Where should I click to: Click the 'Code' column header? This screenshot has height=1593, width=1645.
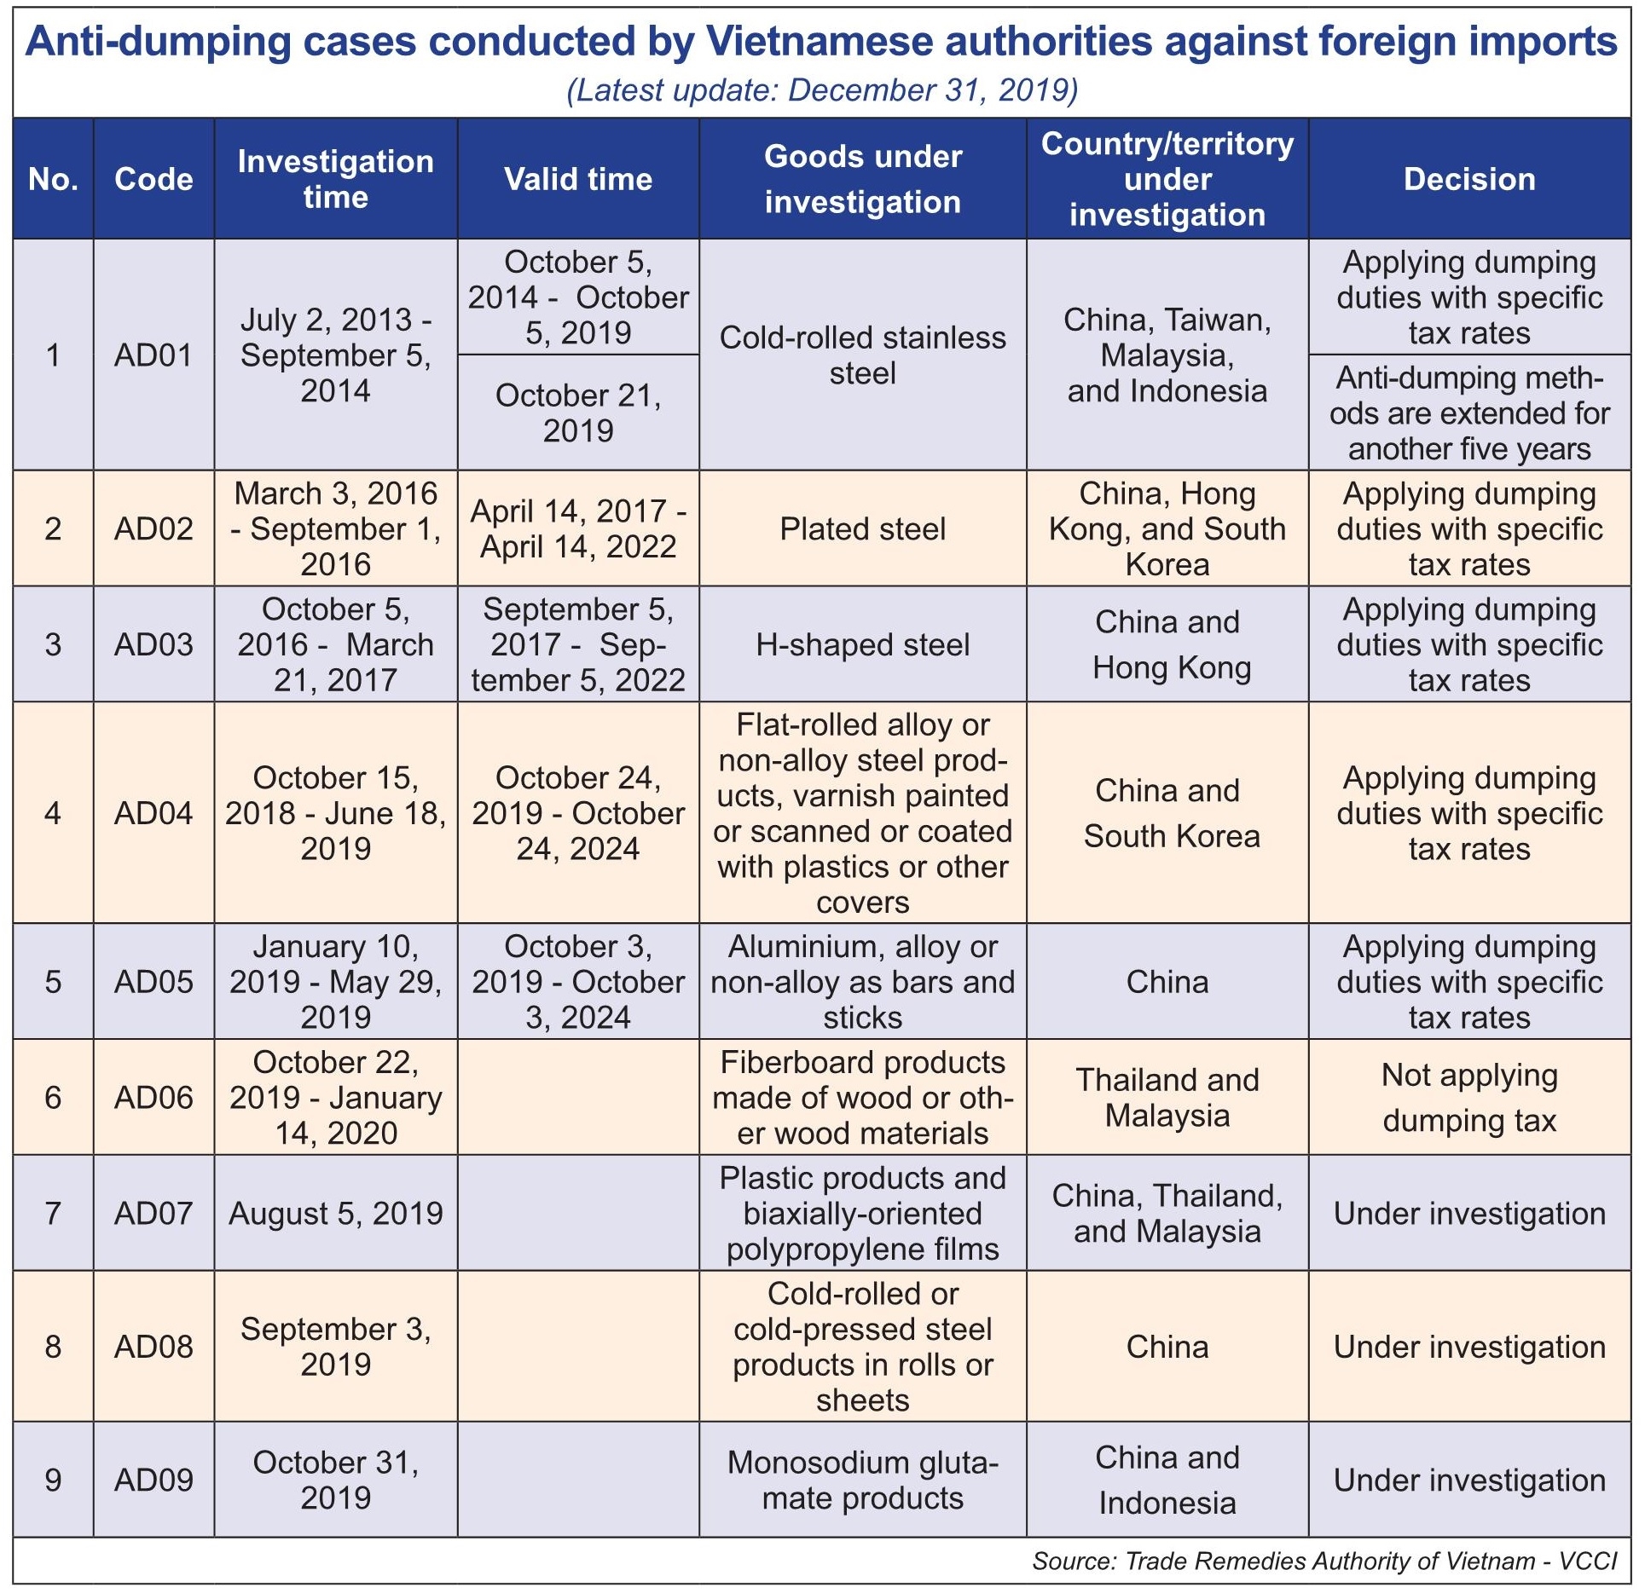153,179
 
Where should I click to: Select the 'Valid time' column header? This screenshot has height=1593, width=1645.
577,179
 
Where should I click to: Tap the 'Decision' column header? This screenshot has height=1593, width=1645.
1468,179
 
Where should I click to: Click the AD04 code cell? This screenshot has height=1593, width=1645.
153,813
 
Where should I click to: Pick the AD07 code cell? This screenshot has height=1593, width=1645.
153,1213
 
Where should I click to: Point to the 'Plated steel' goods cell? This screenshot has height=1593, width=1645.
862,529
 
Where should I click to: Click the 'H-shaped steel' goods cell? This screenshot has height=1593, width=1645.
862,645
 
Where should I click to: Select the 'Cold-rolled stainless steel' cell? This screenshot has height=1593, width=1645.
862,355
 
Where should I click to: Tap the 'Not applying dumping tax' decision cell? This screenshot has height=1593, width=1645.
1468,1098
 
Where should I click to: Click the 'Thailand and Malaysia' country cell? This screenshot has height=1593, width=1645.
1167,1098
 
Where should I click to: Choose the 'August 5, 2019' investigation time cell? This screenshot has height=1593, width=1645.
335,1213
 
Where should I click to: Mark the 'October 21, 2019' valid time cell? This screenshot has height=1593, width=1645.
577,413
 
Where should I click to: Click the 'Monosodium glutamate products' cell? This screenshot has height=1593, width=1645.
862,1480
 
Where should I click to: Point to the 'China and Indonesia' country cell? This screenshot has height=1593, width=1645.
1167,1480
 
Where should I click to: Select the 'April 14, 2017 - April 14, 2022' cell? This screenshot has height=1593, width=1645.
577,529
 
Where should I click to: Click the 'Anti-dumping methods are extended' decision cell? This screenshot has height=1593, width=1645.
1468,413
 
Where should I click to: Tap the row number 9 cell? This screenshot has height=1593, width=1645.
53,1480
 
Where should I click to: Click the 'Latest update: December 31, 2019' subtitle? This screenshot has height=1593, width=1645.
822,90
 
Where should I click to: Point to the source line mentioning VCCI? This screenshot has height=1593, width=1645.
1324,1561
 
